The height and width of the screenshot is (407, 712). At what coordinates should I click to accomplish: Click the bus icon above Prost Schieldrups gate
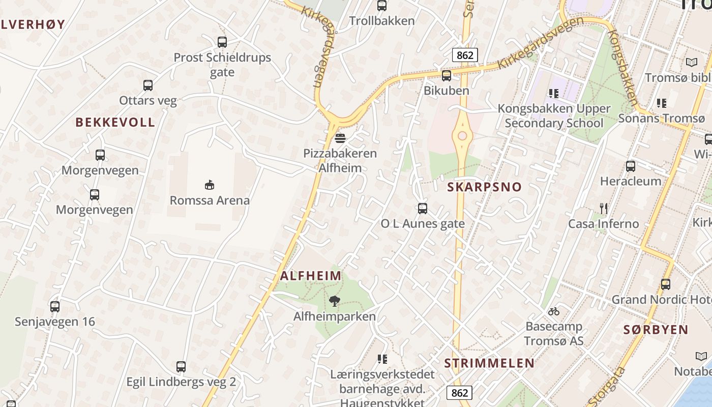tap(222, 42)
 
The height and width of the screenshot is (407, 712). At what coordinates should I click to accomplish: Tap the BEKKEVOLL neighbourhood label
tap(115, 122)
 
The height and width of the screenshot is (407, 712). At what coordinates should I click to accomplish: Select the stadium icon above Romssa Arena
tap(209, 184)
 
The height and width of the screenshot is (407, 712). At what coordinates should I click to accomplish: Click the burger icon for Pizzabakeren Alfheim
tap(340, 138)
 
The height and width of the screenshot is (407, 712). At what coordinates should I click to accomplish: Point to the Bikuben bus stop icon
tap(446, 76)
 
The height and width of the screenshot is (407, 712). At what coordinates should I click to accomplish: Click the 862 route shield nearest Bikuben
tap(465, 55)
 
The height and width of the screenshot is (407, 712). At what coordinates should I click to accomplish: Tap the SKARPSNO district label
tap(484, 187)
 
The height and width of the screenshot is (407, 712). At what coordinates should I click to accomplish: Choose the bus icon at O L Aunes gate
tap(422, 208)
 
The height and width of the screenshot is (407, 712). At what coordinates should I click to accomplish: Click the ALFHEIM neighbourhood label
tap(311, 276)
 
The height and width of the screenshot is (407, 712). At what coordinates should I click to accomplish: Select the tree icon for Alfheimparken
tap(334, 301)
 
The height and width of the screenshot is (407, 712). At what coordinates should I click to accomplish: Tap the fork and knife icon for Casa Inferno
tap(604, 209)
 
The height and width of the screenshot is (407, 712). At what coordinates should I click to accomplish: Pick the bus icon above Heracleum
tap(631, 166)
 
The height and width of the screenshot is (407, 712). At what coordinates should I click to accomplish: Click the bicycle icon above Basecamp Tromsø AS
tap(554, 311)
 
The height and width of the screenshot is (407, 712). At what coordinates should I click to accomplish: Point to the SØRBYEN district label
tap(656, 329)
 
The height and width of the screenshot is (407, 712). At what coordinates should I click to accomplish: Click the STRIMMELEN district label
tap(489, 363)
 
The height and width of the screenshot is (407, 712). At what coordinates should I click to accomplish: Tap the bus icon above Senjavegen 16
tap(55, 307)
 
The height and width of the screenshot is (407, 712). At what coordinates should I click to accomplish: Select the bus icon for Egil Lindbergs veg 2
tap(181, 367)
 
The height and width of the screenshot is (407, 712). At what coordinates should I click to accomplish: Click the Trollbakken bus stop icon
tap(381, 6)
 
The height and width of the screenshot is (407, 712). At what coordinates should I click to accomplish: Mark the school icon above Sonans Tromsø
tap(661, 103)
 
